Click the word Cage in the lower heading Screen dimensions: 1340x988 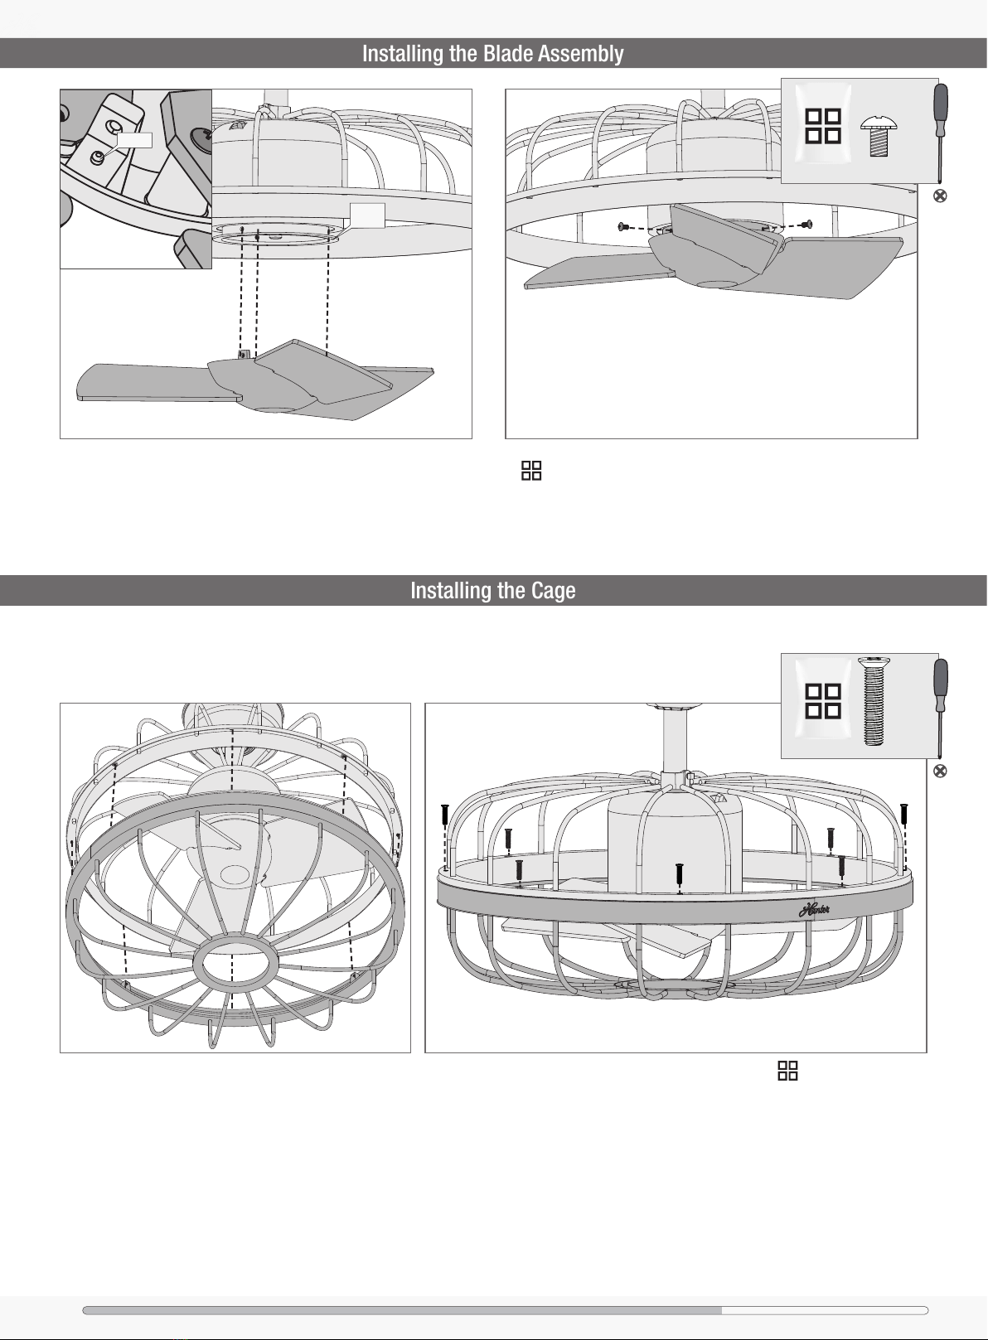553,591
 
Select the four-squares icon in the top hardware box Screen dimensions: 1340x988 823,127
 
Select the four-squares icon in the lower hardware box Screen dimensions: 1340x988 823,701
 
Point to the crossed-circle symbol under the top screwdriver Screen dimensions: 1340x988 940,196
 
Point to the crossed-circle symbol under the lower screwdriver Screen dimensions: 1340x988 940,771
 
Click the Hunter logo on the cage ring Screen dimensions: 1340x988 815,909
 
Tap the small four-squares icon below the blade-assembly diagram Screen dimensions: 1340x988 531,472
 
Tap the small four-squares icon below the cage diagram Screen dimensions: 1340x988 787,1071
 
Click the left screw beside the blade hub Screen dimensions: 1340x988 622,226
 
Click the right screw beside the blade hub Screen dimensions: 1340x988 807,224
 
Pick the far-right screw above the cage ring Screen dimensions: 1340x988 904,813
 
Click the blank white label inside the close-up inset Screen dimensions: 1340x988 135,139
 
